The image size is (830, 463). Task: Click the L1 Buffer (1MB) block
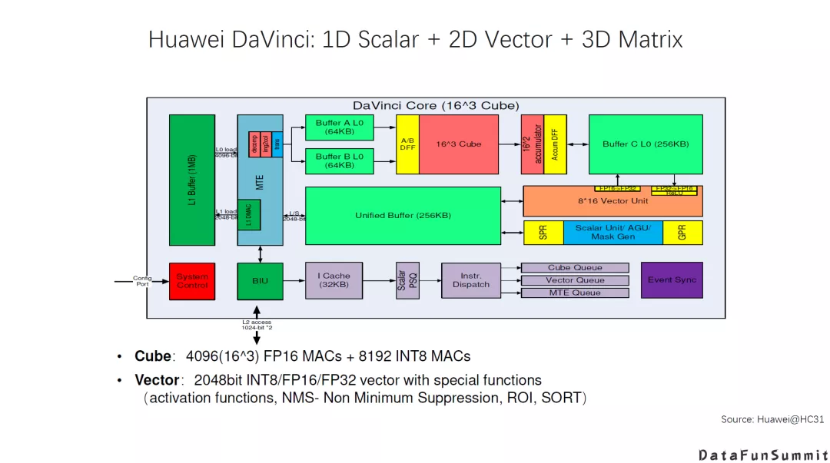click(x=191, y=180)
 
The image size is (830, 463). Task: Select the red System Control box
click(x=191, y=280)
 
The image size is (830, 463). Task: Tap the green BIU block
click(x=260, y=280)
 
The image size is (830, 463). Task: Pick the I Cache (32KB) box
click(x=334, y=280)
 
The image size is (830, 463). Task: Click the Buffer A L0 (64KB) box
click(x=339, y=127)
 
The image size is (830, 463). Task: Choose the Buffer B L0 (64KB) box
click(x=339, y=160)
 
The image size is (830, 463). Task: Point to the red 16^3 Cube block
click(x=460, y=144)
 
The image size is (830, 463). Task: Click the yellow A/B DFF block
click(x=407, y=144)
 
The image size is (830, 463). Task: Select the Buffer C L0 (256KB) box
click(x=646, y=144)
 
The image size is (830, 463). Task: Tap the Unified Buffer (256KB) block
click(x=403, y=216)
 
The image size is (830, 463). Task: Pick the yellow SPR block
click(x=543, y=233)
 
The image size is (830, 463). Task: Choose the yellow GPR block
click(x=682, y=233)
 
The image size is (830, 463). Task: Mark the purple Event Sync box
click(x=671, y=280)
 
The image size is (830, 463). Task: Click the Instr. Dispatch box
click(x=470, y=280)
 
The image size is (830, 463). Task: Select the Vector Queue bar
click(x=575, y=280)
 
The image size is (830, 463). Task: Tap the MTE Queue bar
click(x=575, y=293)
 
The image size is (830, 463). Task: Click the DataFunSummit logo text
click(x=763, y=455)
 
